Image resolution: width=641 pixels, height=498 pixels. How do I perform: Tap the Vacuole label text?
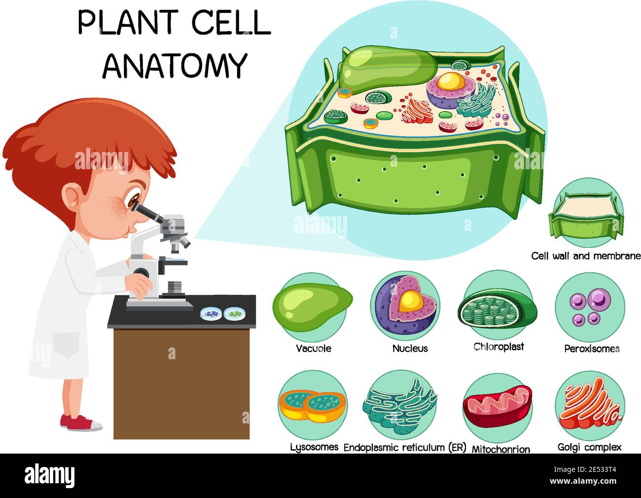coord(314,348)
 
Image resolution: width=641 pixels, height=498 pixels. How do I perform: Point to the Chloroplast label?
coord(499,347)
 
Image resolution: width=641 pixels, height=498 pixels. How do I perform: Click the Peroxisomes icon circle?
coord(590,306)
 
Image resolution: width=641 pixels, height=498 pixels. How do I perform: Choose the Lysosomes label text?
coord(314,447)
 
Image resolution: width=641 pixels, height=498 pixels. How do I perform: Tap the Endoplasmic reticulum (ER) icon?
coord(400,405)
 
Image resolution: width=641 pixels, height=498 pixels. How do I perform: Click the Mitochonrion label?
coord(501,449)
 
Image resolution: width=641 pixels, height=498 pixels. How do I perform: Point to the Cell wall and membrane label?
coord(586,256)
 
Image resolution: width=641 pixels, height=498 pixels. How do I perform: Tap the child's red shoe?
coord(79,422)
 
